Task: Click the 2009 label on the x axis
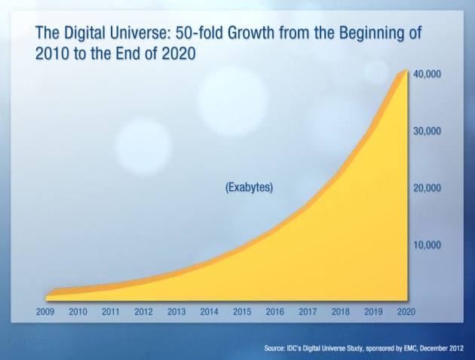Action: point(45,311)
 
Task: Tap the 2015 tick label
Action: point(241,311)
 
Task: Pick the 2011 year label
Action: point(110,311)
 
